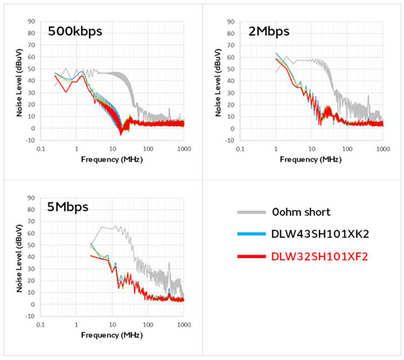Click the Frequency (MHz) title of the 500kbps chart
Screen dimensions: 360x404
(112, 159)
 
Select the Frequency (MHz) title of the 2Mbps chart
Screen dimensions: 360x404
(311, 159)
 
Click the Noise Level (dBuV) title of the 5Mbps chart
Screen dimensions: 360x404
(20, 257)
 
